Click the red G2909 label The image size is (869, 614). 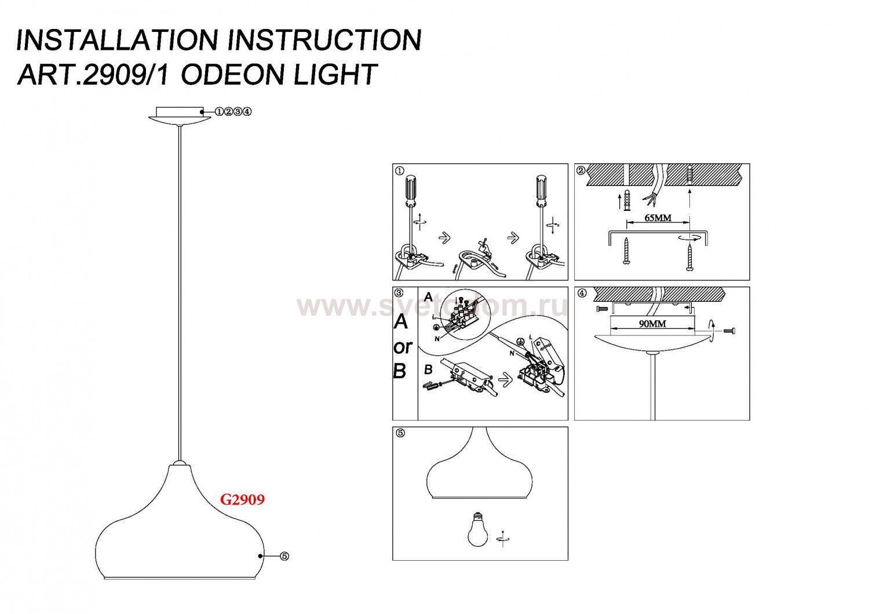tap(242, 499)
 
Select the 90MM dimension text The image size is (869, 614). tap(652, 324)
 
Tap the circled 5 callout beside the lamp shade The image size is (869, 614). tap(284, 556)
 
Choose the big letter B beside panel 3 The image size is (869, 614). tap(400, 371)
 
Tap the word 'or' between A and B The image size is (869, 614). tap(402, 347)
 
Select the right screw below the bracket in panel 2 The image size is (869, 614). tap(689, 256)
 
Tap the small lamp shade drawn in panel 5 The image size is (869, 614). tap(480, 468)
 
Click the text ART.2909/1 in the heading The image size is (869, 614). tap(93, 75)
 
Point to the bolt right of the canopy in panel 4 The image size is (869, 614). tap(729, 330)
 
